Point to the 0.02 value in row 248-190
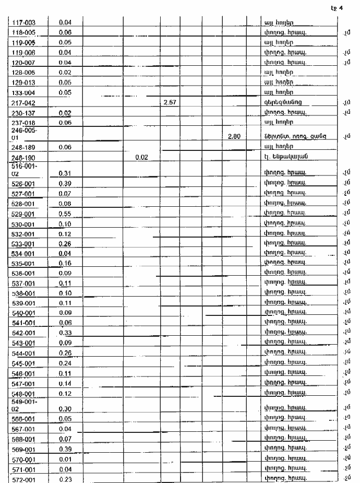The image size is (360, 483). pyautogui.click(x=141, y=157)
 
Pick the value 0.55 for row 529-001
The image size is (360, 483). pyautogui.click(x=65, y=214)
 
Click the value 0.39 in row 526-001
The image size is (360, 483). pyautogui.click(x=65, y=183)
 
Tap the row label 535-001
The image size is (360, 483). pyautogui.click(x=22, y=263)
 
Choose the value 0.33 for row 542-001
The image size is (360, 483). pyautogui.click(x=65, y=333)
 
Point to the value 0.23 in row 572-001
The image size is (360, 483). pyautogui.click(x=65, y=479)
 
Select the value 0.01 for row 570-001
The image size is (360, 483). pyautogui.click(x=65, y=459)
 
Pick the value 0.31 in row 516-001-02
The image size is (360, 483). pyautogui.click(x=65, y=173)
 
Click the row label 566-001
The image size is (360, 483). pyautogui.click(x=22, y=419)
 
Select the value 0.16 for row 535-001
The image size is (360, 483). pyautogui.click(x=65, y=263)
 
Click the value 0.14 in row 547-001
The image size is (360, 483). pyautogui.click(x=65, y=383)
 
